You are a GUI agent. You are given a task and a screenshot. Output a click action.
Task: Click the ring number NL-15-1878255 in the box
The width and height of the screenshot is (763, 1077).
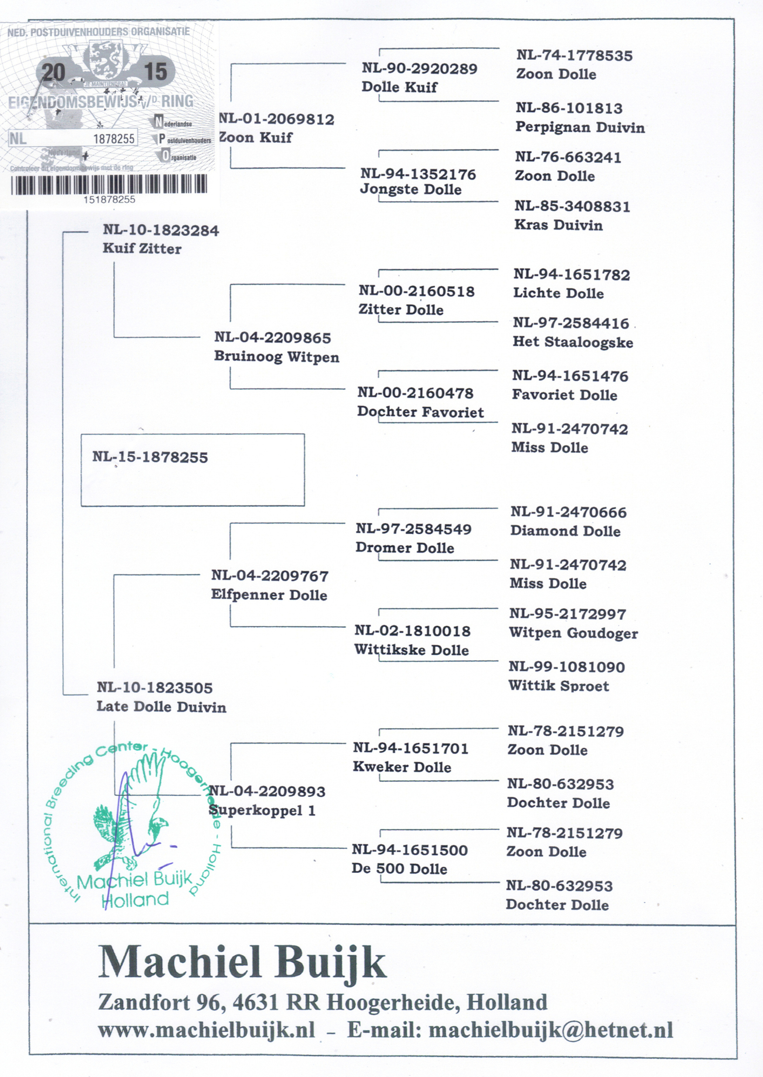tap(150, 457)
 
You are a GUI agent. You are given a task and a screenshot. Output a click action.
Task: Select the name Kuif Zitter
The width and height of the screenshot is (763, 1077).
tap(142, 249)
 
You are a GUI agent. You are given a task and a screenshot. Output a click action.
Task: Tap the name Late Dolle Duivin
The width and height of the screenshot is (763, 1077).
tap(161, 707)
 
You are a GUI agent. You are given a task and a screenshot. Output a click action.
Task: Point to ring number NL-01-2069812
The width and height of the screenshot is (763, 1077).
tap(277, 120)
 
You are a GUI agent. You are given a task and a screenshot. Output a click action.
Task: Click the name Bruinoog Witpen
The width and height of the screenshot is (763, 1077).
tap(276, 357)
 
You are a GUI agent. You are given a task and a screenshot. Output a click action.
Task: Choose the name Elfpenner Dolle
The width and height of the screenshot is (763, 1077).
tap(269, 595)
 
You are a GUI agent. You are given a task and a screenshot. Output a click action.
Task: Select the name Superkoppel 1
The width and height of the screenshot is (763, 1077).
tap(262, 810)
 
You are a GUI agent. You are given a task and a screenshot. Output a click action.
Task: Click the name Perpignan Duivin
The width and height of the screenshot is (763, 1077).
tap(580, 127)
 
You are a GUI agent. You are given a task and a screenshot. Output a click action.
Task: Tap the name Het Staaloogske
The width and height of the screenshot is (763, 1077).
tap(573, 342)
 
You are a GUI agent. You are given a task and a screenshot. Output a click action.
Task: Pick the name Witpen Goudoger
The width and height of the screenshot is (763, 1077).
tap(573, 633)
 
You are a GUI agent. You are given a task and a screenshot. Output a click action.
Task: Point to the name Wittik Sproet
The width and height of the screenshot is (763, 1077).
tap(559, 686)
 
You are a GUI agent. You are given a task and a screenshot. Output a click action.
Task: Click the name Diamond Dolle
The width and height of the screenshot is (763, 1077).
tap(565, 531)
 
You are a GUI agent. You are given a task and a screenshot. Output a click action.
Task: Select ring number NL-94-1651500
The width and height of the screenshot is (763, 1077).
tap(410, 850)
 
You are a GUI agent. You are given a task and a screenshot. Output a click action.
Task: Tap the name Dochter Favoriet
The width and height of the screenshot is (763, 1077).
tap(420, 412)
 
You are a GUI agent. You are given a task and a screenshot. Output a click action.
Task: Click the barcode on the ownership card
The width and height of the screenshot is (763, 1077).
tap(109, 184)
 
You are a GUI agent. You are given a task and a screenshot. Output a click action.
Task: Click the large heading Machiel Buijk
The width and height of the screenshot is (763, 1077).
tap(242, 963)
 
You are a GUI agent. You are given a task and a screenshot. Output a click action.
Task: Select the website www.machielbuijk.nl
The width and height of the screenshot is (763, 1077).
tap(206, 1030)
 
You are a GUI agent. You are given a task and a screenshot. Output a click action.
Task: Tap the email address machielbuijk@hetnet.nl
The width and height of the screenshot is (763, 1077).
tap(551, 1030)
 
